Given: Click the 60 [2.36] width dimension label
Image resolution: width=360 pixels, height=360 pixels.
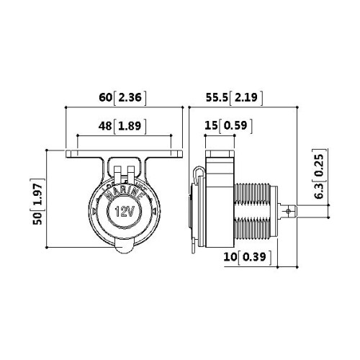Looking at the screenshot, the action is pos(122,98).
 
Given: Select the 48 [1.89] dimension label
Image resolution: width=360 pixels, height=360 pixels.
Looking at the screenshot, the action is pos(122,126).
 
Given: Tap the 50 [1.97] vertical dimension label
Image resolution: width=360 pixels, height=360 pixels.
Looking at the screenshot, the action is pos(38,202).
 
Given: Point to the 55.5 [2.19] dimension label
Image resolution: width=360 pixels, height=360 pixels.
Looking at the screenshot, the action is pos(234,98).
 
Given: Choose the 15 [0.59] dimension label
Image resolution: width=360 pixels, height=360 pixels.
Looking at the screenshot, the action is pos(228,126).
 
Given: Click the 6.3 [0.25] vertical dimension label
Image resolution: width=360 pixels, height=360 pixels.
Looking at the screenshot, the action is pos(320,174).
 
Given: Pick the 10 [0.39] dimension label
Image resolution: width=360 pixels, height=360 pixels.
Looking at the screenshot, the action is pos(248,257).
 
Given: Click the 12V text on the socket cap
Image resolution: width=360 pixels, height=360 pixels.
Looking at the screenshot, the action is pos(125,212).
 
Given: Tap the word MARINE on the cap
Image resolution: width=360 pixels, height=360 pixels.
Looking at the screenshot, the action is pos(125,193).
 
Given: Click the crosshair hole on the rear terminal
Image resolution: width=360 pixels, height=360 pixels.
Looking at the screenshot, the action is pos(289,211).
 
